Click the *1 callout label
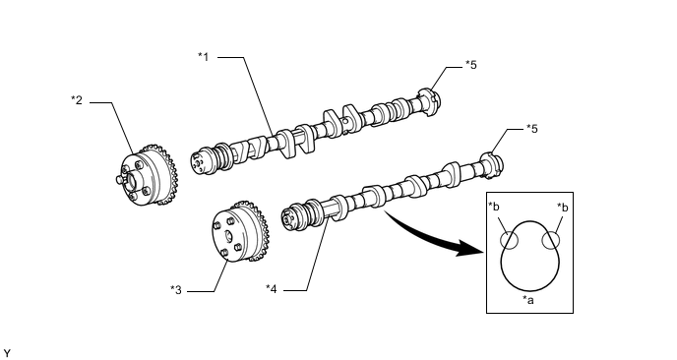click(x=204, y=56)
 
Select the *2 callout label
click(x=77, y=100)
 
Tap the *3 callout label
click(x=176, y=289)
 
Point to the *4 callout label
click(x=272, y=289)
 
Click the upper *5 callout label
click(x=471, y=65)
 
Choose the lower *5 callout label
click(x=532, y=129)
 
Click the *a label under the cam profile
click(x=528, y=300)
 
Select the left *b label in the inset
click(x=494, y=208)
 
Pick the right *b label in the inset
click(x=563, y=208)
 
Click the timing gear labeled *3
click(x=240, y=233)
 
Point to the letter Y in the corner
click(x=7, y=354)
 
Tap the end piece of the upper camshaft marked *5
click(x=430, y=102)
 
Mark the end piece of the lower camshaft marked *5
click(x=492, y=164)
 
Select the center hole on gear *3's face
click(x=228, y=236)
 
